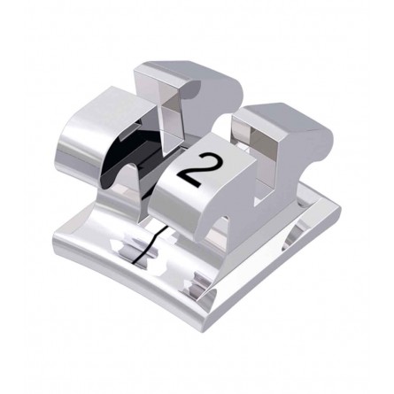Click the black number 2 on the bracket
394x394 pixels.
(x=198, y=169)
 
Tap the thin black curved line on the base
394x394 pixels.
(x=148, y=245)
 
